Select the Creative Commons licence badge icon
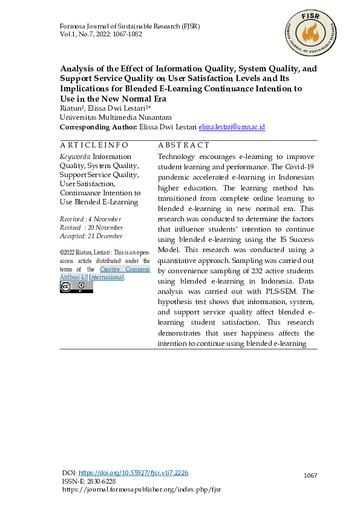pos(76,287)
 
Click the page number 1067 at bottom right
pos(310,476)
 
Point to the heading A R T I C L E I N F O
pos(94,145)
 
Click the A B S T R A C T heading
pos(183,145)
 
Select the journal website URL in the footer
pos(142,489)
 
